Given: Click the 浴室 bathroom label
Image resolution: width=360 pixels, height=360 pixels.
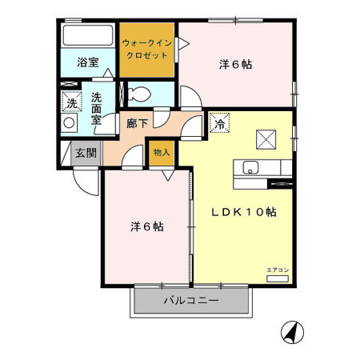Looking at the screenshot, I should [88, 62].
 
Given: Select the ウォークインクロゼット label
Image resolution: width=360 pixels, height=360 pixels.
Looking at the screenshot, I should [147, 50].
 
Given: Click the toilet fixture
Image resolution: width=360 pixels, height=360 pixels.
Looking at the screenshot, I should [137, 93].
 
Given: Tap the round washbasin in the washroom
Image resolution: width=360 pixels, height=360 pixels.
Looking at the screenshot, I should [70, 125].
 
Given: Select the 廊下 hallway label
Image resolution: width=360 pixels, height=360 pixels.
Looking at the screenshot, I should [136, 124].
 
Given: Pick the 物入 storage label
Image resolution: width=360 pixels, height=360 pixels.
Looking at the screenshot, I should [160, 150].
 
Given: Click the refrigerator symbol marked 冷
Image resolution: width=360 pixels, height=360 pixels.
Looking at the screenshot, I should [218, 125].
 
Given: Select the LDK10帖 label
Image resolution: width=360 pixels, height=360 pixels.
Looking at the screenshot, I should [243, 213].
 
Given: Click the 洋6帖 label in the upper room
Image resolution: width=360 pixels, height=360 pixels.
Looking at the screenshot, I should [236, 64].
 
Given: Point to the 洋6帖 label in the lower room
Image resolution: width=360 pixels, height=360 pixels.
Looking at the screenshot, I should [147, 226].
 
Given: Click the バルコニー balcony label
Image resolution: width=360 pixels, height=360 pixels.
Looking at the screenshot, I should [192, 302].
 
